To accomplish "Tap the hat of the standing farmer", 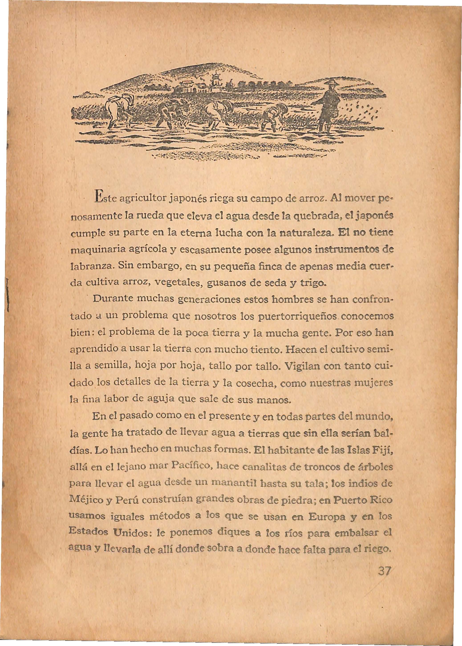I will click(x=330, y=83).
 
